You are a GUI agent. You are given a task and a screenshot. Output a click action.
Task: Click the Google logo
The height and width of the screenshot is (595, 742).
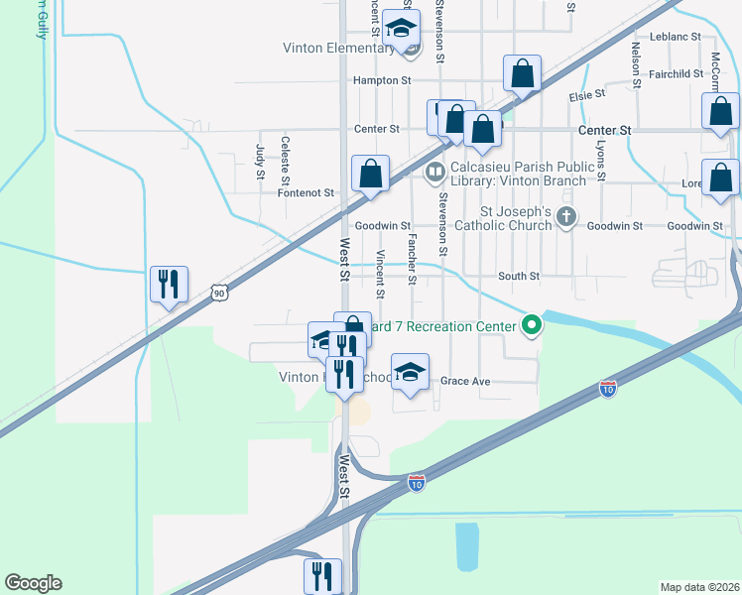pyautogui.click(x=33, y=583)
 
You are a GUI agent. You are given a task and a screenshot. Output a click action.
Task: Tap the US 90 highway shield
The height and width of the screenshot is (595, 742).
pyautogui.click(x=220, y=292)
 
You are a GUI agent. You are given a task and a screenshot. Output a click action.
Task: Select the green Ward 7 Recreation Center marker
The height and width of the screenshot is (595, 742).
pyautogui.click(x=532, y=324)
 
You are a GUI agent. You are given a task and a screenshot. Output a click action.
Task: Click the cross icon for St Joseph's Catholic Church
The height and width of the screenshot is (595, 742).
pyautogui.click(x=565, y=217)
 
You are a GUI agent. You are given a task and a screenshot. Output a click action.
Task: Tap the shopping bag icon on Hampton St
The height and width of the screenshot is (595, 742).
pyautogui.click(x=522, y=73)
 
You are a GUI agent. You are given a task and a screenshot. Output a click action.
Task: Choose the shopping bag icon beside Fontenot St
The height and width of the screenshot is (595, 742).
pyautogui.click(x=370, y=174)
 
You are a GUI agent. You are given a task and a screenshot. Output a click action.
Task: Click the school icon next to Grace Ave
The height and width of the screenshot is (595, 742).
pyautogui.click(x=410, y=372)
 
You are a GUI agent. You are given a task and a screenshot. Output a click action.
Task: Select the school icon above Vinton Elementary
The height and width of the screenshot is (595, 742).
pyautogui.click(x=401, y=28)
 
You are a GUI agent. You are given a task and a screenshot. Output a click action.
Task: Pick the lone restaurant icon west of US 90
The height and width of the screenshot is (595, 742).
pyautogui.click(x=168, y=284)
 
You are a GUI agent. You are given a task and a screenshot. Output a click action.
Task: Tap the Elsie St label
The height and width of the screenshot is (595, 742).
pyautogui.click(x=586, y=95)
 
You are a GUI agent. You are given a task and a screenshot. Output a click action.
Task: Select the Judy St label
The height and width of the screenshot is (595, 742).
pyautogui.click(x=260, y=162)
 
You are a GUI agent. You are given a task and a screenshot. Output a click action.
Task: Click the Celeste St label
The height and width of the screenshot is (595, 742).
pyautogui.click(x=285, y=162)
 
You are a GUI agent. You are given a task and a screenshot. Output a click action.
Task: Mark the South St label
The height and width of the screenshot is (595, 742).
pyautogui.click(x=519, y=276)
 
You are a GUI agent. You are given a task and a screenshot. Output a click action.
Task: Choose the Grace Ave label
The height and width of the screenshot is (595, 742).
pyautogui.click(x=465, y=381)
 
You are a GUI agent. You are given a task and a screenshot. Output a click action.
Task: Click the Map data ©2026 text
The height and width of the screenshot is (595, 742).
pyautogui.click(x=700, y=587)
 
